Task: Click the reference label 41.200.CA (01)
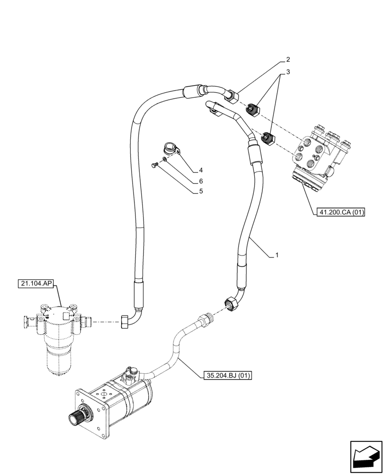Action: tap(339, 212)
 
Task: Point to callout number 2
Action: tap(288, 60)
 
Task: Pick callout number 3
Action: tap(288, 72)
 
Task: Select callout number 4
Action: tap(201, 170)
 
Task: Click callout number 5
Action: tap(201, 192)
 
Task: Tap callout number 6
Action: tap(201, 181)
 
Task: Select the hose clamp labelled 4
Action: tap(170, 148)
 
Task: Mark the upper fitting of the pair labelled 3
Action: tap(252, 111)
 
